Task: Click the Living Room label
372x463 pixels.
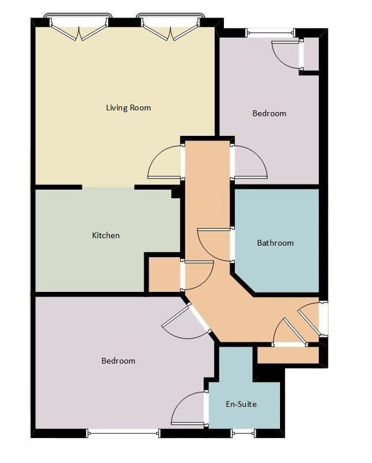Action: click(x=128, y=108)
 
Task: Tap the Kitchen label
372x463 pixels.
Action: click(x=106, y=235)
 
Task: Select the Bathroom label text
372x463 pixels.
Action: click(x=275, y=243)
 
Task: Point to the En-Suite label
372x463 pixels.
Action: click(x=241, y=404)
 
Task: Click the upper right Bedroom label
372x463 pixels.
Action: click(x=269, y=113)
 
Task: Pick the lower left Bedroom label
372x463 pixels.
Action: click(x=118, y=361)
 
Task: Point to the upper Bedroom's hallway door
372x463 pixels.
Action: click(x=249, y=162)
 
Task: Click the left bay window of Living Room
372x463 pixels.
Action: click(x=78, y=26)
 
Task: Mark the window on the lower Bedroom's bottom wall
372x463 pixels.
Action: click(x=123, y=432)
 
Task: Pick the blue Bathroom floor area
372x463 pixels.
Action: click(x=278, y=266)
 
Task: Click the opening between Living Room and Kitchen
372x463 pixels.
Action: click(x=108, y=187)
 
